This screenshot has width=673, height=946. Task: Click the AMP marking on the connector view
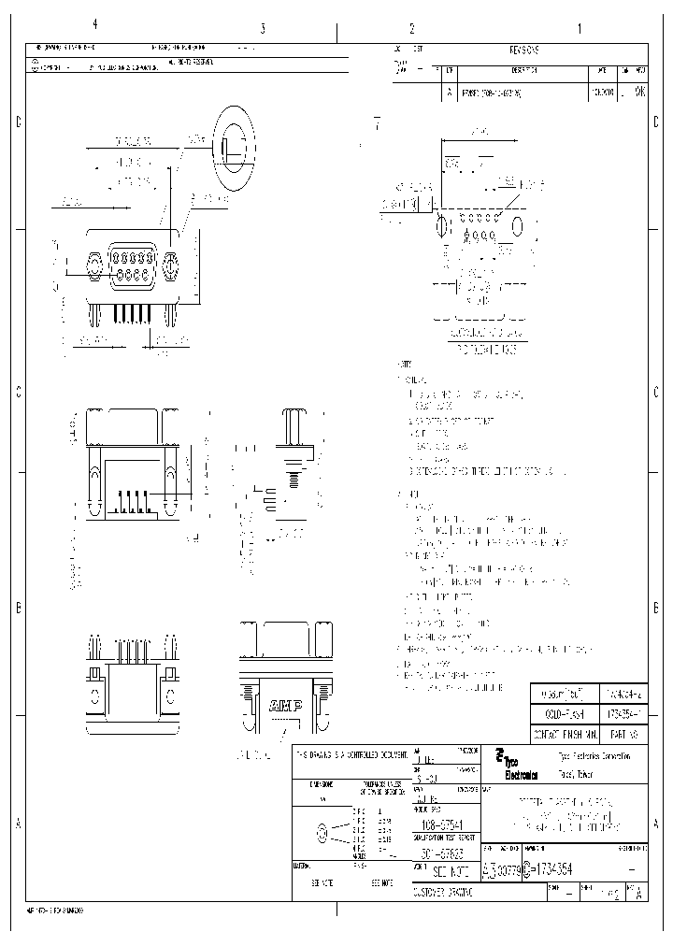[x=285, y=706]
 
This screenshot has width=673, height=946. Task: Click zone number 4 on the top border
[x=93, y=25]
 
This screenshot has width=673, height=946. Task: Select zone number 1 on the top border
[x=579, y=28]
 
